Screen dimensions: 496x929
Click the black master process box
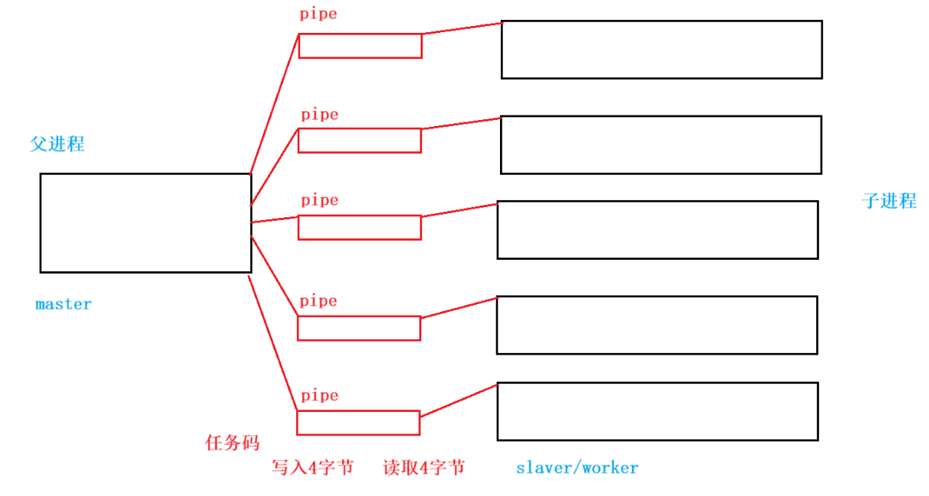[x=145, y=222]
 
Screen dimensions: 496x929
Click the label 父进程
[x=57, y=144]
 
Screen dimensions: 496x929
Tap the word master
[x=63, y=304]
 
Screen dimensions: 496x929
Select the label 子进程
[x=889, y=201]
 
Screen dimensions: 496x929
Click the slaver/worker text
[x=577, y=468]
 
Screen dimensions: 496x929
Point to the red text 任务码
[x=232, y=443]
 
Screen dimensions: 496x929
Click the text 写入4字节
[x=313, y=468]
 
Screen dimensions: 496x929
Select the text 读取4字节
[x=424, y=468]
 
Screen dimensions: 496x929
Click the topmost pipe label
[x=318, y=14]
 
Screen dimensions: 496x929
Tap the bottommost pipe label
[x=319, y=396]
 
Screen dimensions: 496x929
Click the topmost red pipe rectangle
[x=360, y=46]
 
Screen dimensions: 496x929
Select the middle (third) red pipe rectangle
[x=360, y=228]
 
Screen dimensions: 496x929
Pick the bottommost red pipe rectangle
[x=358, y=423]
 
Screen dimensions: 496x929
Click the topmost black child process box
[x=661, y=50]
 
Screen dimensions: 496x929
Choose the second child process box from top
[x=660, y=144]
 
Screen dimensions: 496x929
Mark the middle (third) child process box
[x=657, y=230]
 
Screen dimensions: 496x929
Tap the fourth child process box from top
[x=656, y=325]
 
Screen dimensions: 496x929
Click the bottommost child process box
[x=657, y=411]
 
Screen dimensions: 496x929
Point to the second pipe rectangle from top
[x=360, y=141]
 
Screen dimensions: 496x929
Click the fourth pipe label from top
[x=318, y=301]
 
